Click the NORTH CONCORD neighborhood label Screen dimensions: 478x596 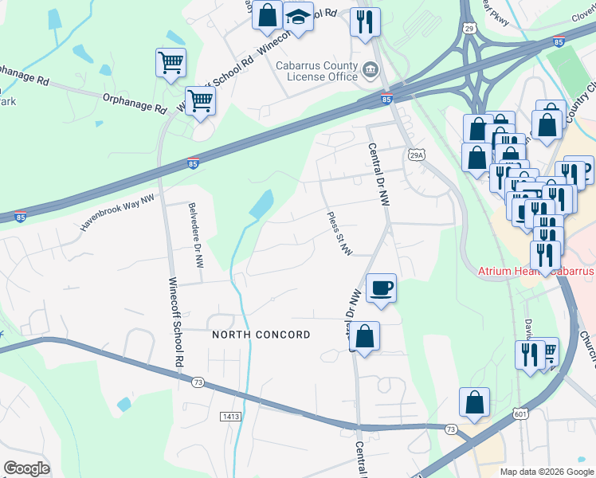click(261, 335)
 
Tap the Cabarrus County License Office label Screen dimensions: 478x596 click(316, 71)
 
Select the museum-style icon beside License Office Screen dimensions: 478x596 click(371, 71)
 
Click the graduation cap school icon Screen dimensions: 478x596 click(298, 17)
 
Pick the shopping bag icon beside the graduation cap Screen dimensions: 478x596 click(268, 14)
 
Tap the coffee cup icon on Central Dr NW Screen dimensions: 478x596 click(381, 287)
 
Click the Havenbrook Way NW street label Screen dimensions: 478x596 click(116, 214)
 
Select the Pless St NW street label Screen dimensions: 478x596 click(340, 233)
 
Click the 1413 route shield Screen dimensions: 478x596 click(232, 416)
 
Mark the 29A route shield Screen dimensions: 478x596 click(416, 155)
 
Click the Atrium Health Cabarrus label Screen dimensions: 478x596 click(535, 271)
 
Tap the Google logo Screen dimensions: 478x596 click(26, 468)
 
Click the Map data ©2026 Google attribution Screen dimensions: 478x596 click(547, 472)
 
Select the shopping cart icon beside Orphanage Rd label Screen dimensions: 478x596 click(199, 101)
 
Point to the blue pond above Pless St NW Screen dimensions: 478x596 click(261, 206)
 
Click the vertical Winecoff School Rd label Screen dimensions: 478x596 click(174, 321)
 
